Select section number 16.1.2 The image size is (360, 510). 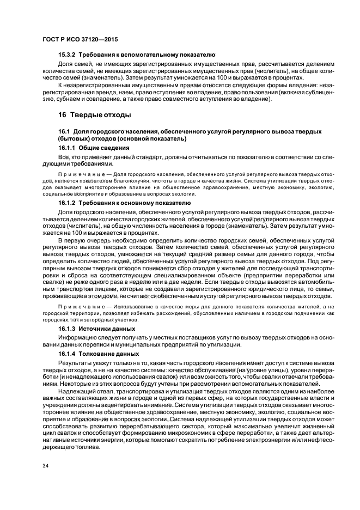click(68, 203)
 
